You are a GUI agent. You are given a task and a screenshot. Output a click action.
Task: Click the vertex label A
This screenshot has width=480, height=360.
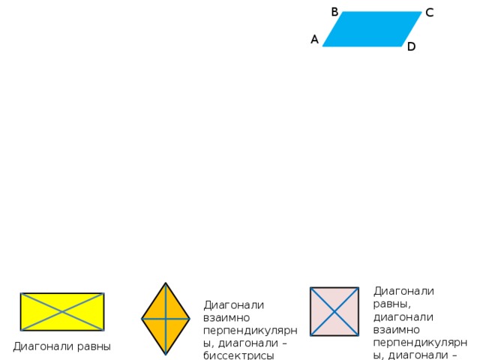(x=315, y=40)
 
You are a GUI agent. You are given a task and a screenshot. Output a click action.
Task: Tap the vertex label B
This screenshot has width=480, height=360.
(x=334, y=12)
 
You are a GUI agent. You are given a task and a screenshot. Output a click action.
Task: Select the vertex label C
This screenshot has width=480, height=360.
(x=430, y=13)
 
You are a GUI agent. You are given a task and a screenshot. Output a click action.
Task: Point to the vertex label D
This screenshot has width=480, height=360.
(x=412, y=46)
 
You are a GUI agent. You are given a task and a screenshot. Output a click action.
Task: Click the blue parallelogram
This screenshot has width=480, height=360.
(x=372, y=29)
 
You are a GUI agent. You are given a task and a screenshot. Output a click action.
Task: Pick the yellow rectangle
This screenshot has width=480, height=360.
(x=62, y=312)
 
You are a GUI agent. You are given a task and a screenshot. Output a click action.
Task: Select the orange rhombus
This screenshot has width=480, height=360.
(x=166, y=319)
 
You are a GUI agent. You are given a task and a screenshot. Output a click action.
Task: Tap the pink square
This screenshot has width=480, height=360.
(x=334, y=312)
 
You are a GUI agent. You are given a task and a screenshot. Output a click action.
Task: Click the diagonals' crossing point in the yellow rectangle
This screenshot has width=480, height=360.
(x=62, y=312)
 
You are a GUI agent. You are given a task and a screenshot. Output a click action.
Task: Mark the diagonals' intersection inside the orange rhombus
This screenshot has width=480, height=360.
(x=166, y=319)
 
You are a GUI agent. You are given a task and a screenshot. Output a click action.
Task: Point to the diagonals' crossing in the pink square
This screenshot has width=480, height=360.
(x=334, y=312)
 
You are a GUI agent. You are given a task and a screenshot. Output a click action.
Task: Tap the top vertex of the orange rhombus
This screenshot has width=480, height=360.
(x=166, y=283)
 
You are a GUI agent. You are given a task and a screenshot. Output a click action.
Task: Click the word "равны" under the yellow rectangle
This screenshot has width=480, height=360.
(x=94, y=346)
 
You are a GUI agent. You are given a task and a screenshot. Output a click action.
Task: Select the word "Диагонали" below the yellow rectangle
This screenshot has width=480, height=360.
(x=43, y=346)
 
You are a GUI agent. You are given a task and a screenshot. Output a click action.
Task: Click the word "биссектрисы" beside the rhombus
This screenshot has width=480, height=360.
(x=238, y=355)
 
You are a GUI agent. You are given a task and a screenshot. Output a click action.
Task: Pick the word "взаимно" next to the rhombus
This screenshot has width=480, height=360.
(x=226, y=318)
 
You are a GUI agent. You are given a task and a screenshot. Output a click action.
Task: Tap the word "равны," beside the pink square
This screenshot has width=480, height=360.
(x=391, y=304)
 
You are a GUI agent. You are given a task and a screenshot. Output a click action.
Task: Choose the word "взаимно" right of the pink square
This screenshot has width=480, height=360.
(x=397, y=330)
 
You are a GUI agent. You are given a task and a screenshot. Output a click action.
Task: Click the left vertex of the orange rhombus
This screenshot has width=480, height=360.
(x=142, y=319)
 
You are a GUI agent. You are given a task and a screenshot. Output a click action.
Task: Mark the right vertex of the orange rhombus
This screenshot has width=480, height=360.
(x=190, y=319)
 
